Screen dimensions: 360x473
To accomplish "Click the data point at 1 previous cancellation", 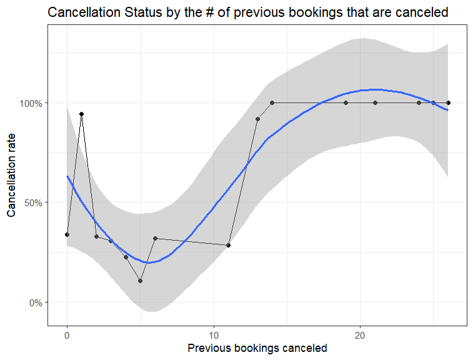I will pos(81,114).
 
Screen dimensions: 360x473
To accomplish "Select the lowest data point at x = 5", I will pos(141,281).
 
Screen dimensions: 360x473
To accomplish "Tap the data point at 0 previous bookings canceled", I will pos(67,234).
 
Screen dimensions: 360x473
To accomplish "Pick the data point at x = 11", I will pos(229,245).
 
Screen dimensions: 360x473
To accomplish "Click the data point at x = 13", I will pos(257,119).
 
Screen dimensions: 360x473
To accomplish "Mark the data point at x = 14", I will pos(272,102).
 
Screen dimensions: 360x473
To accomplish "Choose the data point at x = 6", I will pos(155,238).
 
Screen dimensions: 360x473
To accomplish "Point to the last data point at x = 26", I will pos(449,102).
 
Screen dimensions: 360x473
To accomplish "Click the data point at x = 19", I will pos(346,102).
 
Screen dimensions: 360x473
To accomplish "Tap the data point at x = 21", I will pos(375,102).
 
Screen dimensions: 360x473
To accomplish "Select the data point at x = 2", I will pos(96,236).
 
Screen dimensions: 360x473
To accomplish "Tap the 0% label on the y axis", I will pos(35,302).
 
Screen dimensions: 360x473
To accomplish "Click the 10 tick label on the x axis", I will pos(214,334).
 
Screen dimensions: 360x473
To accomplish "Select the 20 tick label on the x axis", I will pos(360,334).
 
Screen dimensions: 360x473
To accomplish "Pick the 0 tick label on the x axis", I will pos(67,334).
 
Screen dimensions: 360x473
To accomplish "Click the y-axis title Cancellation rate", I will pos(12,177).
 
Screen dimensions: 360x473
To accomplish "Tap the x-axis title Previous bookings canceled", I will pos(257,348).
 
